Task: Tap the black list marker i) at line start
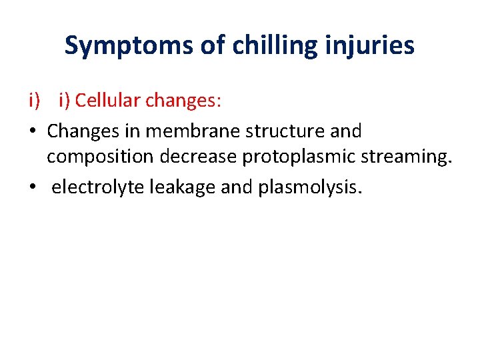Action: click(34, 101)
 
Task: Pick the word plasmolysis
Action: click(306, 187)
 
